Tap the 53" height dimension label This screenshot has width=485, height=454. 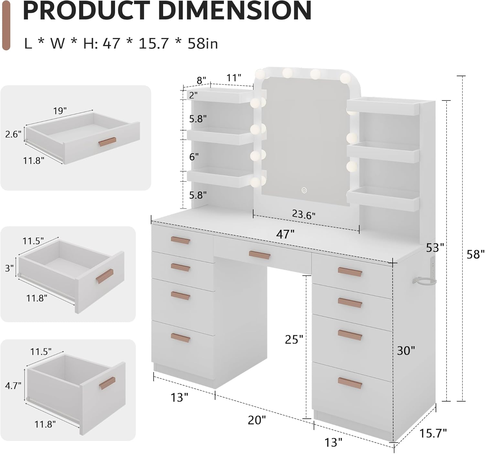tap(435, 248)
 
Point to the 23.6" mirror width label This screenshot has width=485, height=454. tap(304, 214)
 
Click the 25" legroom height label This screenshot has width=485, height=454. tap(294, 339)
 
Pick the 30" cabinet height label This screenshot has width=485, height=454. tap(406, 350)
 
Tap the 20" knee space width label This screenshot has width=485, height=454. tap(257, 420)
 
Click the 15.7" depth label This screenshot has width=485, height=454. tap(433, 433)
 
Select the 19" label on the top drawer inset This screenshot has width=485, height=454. tap(60, 111)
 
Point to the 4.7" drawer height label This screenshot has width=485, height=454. tap(13, 385)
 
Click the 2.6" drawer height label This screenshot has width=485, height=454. tap(13, 134)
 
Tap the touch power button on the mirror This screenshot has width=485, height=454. tap(304, 190)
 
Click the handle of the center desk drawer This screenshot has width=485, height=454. tap(259, 254)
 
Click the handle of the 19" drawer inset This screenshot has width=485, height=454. tap(107, 142)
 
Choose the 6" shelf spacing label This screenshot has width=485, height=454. tap(194, 157)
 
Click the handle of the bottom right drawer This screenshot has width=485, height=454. tap(350, 383)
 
